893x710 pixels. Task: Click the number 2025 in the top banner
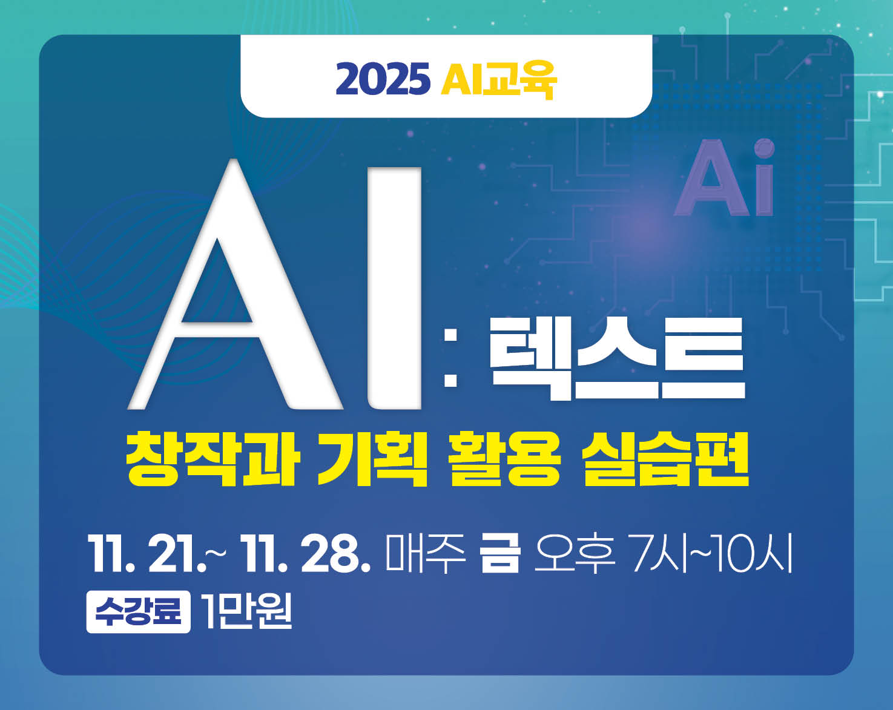tap(383, 79)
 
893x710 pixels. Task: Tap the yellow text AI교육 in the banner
tap(498, 79)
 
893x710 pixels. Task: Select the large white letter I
tap(394, 288)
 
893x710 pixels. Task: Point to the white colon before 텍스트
tap(450, 358)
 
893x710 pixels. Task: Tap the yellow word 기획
tap(372, 458)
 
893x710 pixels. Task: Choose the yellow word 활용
tap(505, 458)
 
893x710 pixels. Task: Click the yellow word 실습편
tap(665, 458)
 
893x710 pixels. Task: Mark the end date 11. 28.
tap(306, 554)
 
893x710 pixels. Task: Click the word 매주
tap(426, 553)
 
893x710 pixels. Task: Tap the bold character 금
tap(500, 553)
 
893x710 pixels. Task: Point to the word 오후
tap(574, 553)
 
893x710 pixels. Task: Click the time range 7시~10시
tap(711, 553)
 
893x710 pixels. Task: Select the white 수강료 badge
tap(138, 611)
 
